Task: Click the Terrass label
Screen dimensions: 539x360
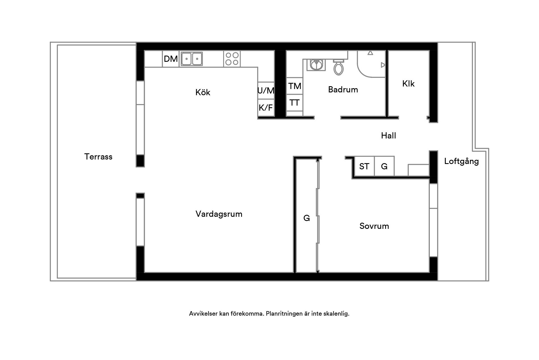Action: [x=98, y=157]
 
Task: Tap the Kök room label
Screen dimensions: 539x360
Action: [x=203, y=92]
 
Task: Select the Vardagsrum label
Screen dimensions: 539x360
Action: [x=219, y=214]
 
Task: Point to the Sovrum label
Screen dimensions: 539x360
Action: [x=374, y=226]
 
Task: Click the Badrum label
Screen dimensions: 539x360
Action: [x=343, y=90]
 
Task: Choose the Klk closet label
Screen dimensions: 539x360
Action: [x=408, y=84]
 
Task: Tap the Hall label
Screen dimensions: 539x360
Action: [x=389, y=136]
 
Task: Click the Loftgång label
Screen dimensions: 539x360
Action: [x=462, y=161]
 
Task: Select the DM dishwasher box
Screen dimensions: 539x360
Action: [x=171, y=59]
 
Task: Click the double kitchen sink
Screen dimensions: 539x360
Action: [x=192, y=59]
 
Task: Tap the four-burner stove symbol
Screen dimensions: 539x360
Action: [x=232, y=59]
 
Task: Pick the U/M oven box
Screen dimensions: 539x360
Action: [x=266, y=90]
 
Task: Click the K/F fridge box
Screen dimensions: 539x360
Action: [x=266, y=108]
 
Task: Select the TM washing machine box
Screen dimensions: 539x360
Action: [x=294, y=86]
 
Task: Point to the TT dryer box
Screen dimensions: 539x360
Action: [x=294, y=103]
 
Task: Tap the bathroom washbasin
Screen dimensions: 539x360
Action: [x=316, y=65]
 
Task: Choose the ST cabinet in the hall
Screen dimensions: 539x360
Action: [x=364, y=166]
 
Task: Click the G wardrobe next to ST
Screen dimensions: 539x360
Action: [x=384, y=166]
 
